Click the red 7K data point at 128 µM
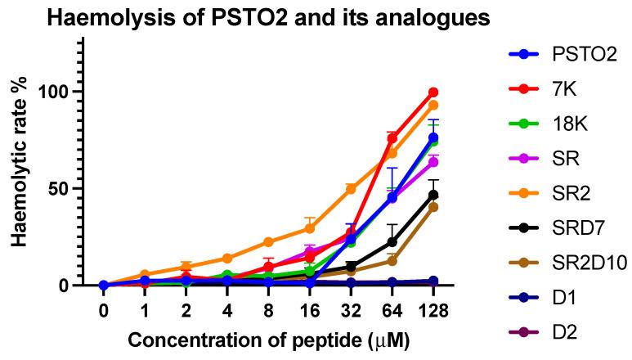pos(433,92)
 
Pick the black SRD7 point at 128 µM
pos(433,195)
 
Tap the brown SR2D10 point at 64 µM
pos(392,261)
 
